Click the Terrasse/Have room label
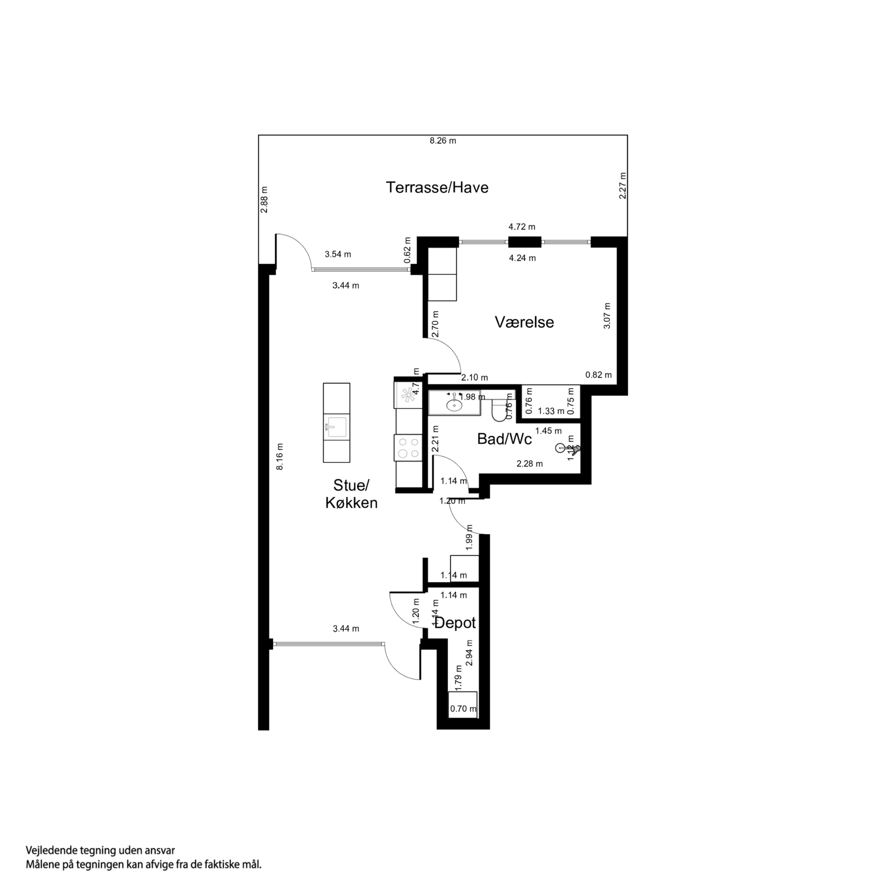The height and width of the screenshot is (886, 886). point(437,188)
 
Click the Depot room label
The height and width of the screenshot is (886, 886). point(455,623)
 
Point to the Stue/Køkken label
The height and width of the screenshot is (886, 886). point(351,494)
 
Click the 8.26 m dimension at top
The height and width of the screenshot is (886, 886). point(443,141)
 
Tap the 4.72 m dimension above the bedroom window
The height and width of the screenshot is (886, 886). point(522,227)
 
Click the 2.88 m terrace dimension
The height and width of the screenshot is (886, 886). point(264,199)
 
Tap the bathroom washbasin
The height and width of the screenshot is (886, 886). point(454,404)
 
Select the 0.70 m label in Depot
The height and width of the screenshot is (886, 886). point(463,708)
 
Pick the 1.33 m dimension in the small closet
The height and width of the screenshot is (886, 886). point(551,411)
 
